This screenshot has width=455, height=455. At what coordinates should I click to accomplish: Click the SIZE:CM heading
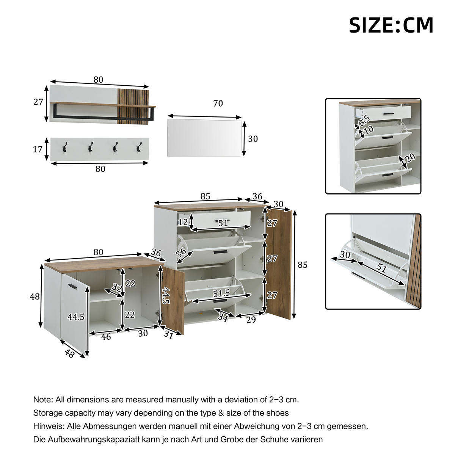(391, 25)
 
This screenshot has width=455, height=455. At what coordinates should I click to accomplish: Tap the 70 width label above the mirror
(218, 104)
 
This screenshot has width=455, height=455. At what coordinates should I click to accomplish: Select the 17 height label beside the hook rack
(38, 149)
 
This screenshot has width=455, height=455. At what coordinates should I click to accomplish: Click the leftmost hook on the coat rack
(65, 147)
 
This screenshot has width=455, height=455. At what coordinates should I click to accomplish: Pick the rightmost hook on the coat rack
(139, 147)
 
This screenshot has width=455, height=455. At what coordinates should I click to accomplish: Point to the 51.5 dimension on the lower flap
(221, 294)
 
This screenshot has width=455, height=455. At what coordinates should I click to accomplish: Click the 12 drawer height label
(183, 222)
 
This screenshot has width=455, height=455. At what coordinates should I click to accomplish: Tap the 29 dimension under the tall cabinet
(251, 320)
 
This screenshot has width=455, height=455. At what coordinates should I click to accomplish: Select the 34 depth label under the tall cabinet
(223, 318)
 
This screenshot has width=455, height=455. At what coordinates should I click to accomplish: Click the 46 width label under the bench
(106, 336)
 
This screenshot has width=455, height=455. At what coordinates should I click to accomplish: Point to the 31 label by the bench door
(168, 334)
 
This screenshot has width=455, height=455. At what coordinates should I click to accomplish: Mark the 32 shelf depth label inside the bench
(117, 288)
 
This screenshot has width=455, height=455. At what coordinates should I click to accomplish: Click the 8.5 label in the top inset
(364, 121)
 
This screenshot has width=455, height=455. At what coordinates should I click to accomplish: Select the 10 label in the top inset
(368, 130)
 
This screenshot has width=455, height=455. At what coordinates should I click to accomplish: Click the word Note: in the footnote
(43, 400)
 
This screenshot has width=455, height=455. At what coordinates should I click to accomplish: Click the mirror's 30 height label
(253, 139)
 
